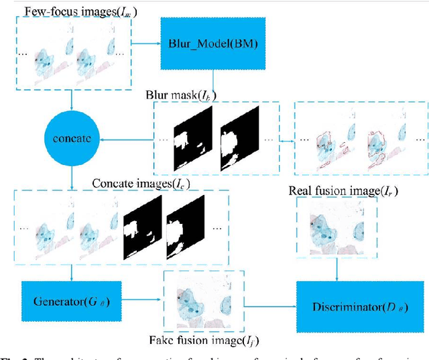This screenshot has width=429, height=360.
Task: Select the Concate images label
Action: (139, 184)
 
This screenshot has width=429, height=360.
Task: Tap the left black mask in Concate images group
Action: (142, 228)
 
